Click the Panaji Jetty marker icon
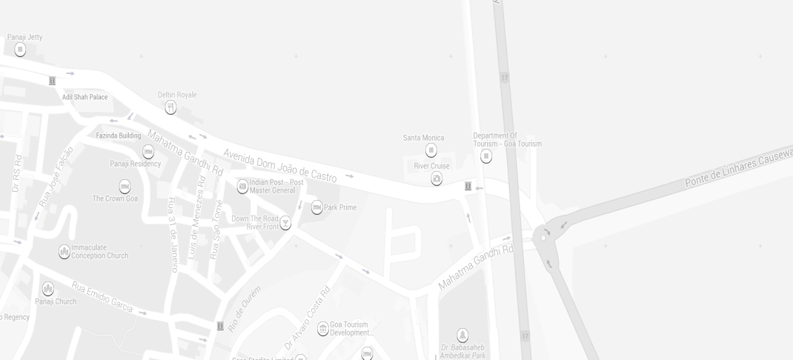click(20, 50)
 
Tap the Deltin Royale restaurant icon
click(170, 108)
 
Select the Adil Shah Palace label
click(84, 97)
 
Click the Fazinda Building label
click(119, 136)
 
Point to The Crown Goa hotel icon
click(125, 187)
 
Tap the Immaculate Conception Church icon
click(64, 252)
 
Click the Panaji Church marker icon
click(48, 289)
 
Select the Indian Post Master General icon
click(242, 187)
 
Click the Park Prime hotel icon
click(316, 207)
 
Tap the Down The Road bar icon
click(285, 223)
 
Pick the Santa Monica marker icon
click(431, 150)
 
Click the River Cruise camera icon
click(437, 179)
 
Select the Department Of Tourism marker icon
click(486, 156)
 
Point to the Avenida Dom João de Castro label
click(280, 165)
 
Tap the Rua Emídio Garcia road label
click(102, 297)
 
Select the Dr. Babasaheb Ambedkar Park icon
click(462, 336)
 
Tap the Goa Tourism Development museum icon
click(323, 329)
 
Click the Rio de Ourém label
click(245, 308)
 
